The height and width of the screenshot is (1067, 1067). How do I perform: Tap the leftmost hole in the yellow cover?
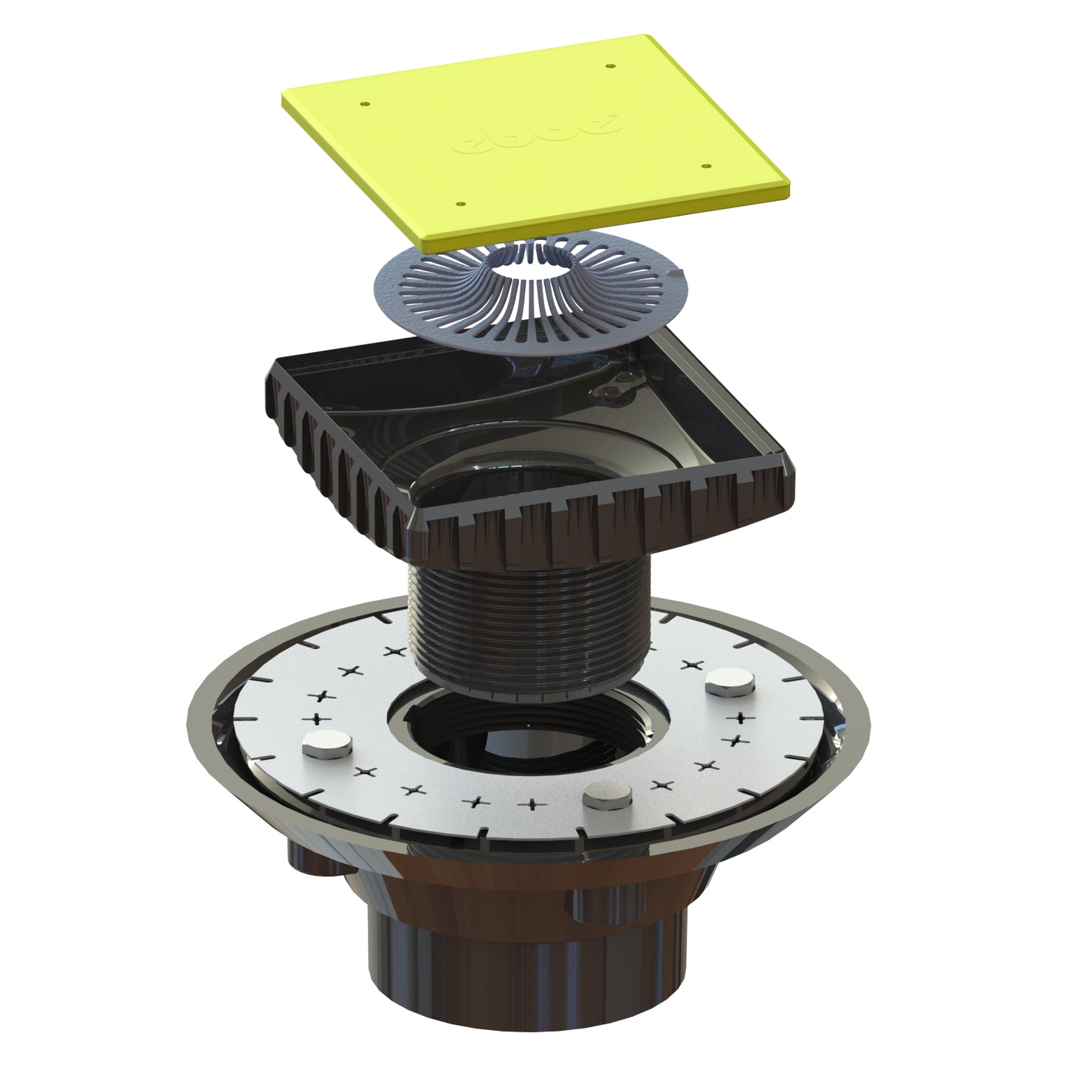tap(364, 104)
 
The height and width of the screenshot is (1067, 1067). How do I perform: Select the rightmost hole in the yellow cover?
tap(706, 168)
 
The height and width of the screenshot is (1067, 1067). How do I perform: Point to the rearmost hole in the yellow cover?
tap(610, 66)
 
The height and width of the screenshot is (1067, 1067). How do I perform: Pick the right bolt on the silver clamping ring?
tap(724, 683)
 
